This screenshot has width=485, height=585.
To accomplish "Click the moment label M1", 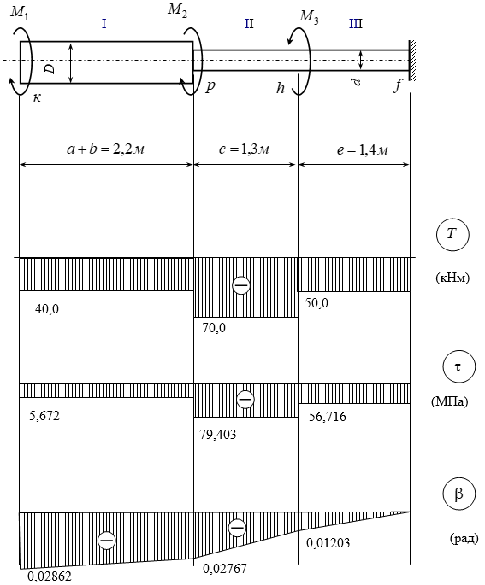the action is [19, 14].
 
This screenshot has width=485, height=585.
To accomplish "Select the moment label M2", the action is [177, 10].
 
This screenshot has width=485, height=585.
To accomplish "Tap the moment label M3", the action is [309, 17].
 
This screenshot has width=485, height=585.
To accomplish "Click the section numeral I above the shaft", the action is [104, 24].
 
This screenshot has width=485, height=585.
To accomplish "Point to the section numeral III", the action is [355, 24].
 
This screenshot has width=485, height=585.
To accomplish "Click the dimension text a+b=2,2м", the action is [106, 149].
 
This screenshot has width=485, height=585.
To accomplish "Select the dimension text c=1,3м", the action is [244, 149].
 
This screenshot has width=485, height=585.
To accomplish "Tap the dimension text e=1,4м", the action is [363, 150].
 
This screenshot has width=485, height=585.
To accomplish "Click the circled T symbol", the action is [452, 235].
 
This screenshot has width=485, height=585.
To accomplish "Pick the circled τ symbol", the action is [458, 367].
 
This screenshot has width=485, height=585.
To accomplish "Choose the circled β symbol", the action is [458, 494].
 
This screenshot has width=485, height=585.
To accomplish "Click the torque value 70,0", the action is [214, 328].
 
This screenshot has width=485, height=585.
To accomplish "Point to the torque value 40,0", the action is [47, 309].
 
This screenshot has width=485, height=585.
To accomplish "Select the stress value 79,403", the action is [218, 435].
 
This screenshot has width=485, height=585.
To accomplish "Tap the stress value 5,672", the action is [44, 416].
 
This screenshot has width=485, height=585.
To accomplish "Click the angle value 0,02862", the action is [50, 576].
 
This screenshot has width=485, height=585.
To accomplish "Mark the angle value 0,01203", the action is [328, 543].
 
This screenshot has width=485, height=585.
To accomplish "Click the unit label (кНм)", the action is [452, 278].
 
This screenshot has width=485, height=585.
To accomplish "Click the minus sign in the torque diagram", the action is [241, 285].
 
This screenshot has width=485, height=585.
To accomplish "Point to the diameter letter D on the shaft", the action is [50, 68].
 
